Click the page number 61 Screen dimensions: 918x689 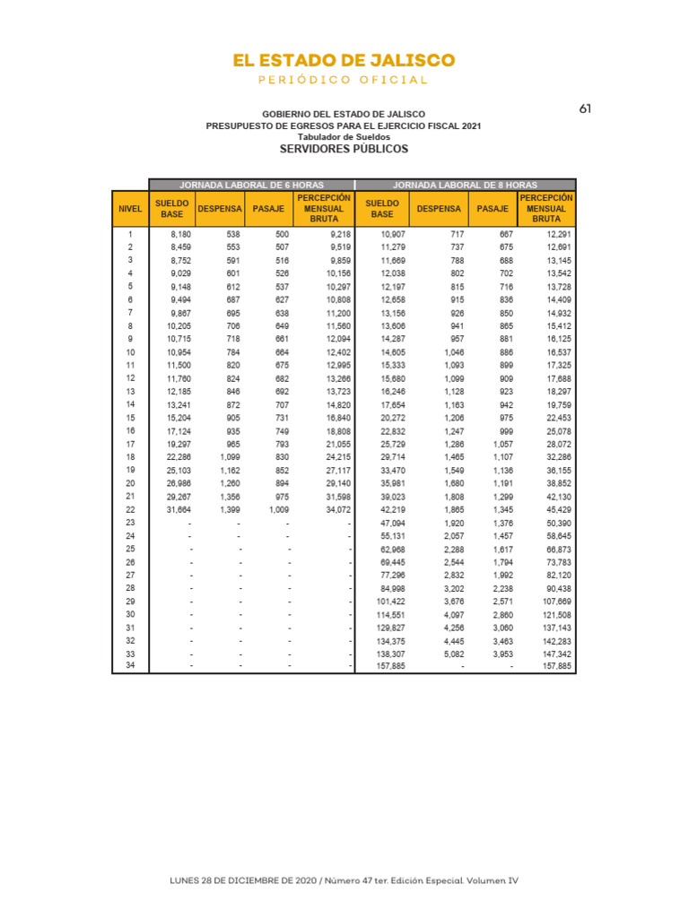click(585, 108)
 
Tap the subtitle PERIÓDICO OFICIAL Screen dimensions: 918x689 click(344, 81)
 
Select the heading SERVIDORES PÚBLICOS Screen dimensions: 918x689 click(344, 148)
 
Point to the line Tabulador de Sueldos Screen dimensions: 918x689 click(344, 136)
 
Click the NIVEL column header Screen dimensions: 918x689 click(130, 208)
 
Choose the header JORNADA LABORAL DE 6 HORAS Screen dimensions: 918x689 click(252, 184)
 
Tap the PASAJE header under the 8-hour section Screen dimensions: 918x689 click(493, 208)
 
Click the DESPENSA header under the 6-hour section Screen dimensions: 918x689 click(220, 208)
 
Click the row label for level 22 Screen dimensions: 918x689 click(130, 509)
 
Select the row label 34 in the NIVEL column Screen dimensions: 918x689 click(130, 665)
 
